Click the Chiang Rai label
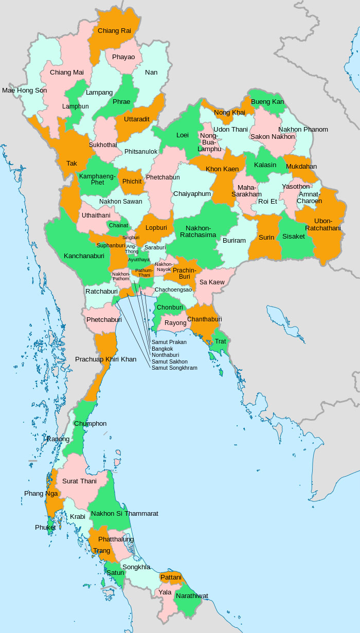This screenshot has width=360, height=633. tap(114, 31)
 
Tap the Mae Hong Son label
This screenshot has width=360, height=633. tap(24, 91)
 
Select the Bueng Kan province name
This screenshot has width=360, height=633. tap(267, 102)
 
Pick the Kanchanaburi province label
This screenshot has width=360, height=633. tap(84, 256)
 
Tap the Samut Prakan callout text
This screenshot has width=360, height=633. tap(169, 342)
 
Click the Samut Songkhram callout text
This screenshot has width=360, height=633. tap(174, 368)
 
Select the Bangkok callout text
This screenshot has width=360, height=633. tap(162, 349)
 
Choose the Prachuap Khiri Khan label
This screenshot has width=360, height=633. tap(105, 359)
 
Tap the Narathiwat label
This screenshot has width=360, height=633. tap(192, 596)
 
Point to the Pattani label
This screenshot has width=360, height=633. tap(171, 577)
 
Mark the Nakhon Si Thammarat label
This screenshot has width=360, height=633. tap(124, 513)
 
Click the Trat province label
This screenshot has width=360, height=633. tap(220, 341)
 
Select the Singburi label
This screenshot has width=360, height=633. tap(131, 238)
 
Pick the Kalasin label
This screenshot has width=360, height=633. tap(265, 165)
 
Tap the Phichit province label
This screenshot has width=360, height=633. tap(132, 182)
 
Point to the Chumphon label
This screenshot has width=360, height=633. tap(90, 424)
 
